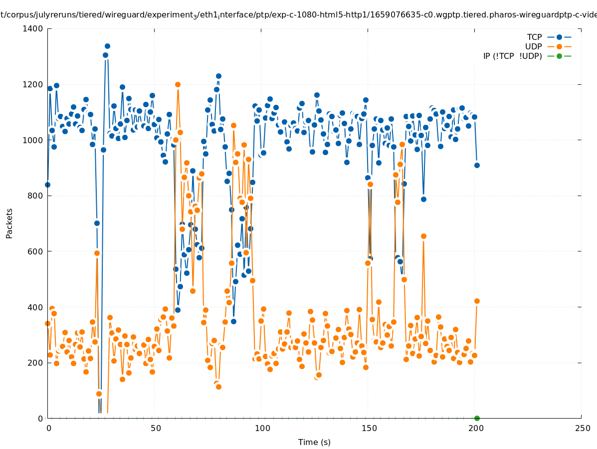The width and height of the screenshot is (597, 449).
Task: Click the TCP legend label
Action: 535,37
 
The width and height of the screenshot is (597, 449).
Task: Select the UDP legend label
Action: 534,47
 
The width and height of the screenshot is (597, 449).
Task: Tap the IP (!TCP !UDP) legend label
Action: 512,56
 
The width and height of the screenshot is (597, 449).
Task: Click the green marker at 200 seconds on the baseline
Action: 477,418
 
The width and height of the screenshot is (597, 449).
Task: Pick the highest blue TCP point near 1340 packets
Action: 107,46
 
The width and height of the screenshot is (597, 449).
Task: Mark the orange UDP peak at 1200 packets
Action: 178,84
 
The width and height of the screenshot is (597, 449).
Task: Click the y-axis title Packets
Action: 9,223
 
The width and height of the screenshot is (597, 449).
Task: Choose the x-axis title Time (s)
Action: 314,442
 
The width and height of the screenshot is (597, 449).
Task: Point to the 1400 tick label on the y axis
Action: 32,28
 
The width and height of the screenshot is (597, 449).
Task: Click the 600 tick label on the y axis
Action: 35,251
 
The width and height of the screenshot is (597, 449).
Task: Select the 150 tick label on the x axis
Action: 369,428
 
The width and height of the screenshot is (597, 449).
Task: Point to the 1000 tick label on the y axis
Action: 32,140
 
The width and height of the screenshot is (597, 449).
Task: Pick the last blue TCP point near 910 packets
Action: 477,165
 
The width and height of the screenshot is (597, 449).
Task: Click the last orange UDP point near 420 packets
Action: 477,301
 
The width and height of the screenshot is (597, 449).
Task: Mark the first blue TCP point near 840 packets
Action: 47,185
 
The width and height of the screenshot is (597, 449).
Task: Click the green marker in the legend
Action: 559,56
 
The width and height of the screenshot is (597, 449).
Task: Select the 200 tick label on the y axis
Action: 35,363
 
